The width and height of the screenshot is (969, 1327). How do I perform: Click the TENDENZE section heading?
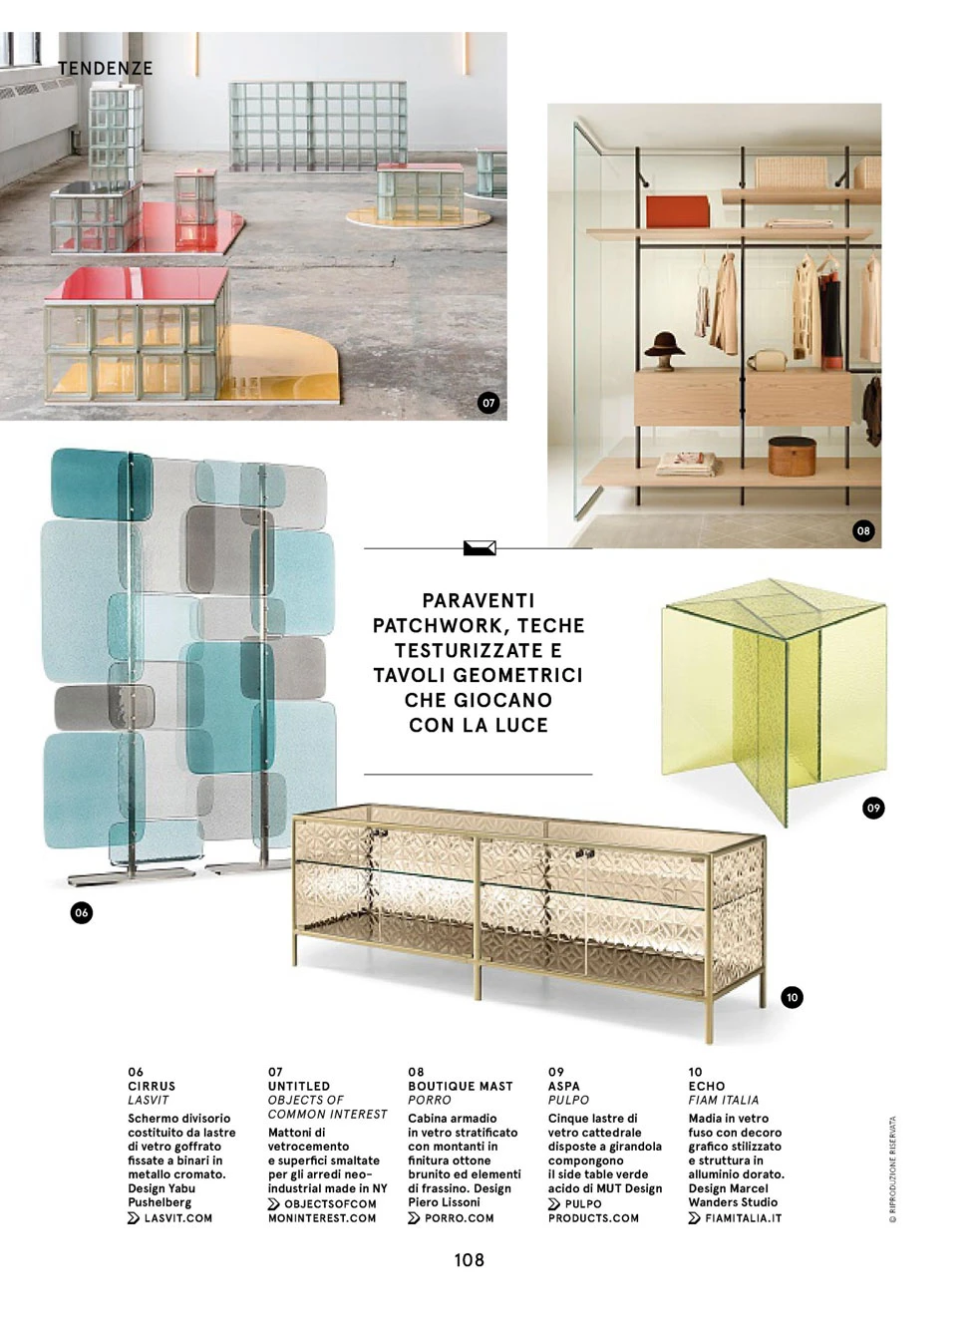click(105, 68)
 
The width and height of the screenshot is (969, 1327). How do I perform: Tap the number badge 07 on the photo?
click(487, 403)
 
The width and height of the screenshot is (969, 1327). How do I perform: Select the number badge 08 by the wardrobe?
click(863, 530)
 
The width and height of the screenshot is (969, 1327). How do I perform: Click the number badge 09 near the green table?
click(873, 808)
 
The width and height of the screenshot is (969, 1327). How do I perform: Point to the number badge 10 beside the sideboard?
click(792, 997)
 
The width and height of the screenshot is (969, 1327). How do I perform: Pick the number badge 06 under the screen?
click(82, 912)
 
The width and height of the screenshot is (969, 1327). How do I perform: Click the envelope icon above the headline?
click(480, 547)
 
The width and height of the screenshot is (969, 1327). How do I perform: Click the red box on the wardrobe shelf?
click(678, 210)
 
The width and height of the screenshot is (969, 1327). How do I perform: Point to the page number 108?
click(470, 1260)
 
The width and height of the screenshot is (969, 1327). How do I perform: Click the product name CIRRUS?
click(152, 1086)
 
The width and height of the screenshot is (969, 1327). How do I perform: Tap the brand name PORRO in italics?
click(430, 1100)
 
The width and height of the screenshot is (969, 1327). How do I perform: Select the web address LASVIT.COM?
click(177, 1217)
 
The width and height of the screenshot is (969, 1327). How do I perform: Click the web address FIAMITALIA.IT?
click(743, 1217)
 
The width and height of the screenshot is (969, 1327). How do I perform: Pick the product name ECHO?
click(707, 1086)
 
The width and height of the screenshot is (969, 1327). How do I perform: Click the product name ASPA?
click(564, 1086)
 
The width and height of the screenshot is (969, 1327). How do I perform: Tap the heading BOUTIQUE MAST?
click(461, 1086)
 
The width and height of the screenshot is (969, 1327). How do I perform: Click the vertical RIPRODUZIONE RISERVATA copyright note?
click(893, 1168)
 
